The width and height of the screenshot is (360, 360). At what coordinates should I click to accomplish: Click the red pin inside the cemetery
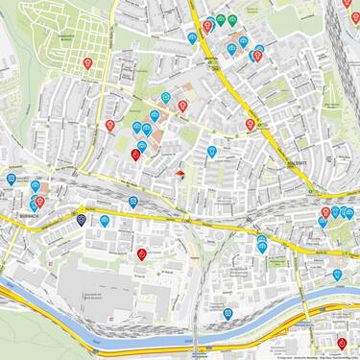tap(88, 63)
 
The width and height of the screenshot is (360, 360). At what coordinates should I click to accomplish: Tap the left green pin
tap(221, 19)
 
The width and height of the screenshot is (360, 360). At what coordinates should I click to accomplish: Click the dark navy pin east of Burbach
tap(82, 220)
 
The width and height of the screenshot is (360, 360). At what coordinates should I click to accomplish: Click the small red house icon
tap(180, 173)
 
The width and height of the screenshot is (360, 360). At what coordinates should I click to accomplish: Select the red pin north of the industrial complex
tap(142, 253)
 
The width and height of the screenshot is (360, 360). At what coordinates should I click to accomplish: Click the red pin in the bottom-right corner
tap(342, 343)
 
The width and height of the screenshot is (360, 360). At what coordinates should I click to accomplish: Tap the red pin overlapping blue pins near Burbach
tap(40, 202)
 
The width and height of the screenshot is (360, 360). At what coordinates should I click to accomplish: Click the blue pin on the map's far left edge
tap(12, 179)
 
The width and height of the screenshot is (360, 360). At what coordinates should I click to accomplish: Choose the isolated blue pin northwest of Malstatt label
tap(212, 151)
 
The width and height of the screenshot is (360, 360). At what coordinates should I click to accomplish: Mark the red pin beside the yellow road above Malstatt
tap(250, 124)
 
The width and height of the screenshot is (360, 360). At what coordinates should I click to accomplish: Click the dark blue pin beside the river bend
tap(228, 313)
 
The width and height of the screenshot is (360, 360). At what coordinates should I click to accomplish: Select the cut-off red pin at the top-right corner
tap(347, 4)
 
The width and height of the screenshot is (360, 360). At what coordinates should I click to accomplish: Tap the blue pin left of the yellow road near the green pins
tap(193, 38)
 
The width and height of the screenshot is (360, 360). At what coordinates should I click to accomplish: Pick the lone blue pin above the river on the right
tap(337, 274)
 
